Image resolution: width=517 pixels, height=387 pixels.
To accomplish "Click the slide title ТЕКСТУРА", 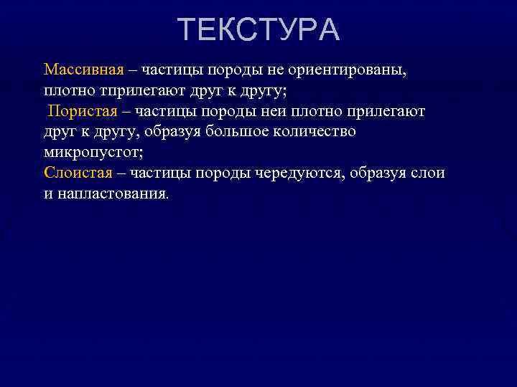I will [258, 30].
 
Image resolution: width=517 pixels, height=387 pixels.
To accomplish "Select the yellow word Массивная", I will [83, 70].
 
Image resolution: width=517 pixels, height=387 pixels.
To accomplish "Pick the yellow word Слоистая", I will [78, 173].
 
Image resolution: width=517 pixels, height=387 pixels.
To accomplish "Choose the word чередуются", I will [301, 173].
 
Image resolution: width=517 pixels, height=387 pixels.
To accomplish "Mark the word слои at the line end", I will [429, 173].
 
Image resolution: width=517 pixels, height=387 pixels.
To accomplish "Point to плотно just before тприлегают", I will [67, 91].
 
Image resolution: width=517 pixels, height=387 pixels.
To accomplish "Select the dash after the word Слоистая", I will [121, 173].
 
